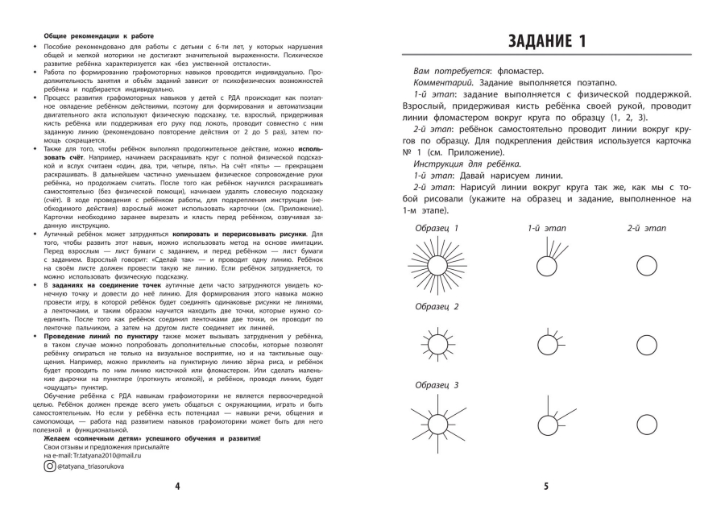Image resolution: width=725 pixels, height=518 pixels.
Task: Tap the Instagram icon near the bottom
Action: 49,466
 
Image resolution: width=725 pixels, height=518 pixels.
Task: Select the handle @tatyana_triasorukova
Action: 97,466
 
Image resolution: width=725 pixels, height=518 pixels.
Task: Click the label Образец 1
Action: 436,228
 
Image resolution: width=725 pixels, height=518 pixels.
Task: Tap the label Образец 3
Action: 436,385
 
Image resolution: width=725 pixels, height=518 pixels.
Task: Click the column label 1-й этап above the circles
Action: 546,228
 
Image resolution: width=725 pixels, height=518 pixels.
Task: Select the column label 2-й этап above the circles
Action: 647,228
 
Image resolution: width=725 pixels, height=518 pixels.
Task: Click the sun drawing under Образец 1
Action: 438,267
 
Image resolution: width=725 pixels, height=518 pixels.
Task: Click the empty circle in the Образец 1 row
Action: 647,266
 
